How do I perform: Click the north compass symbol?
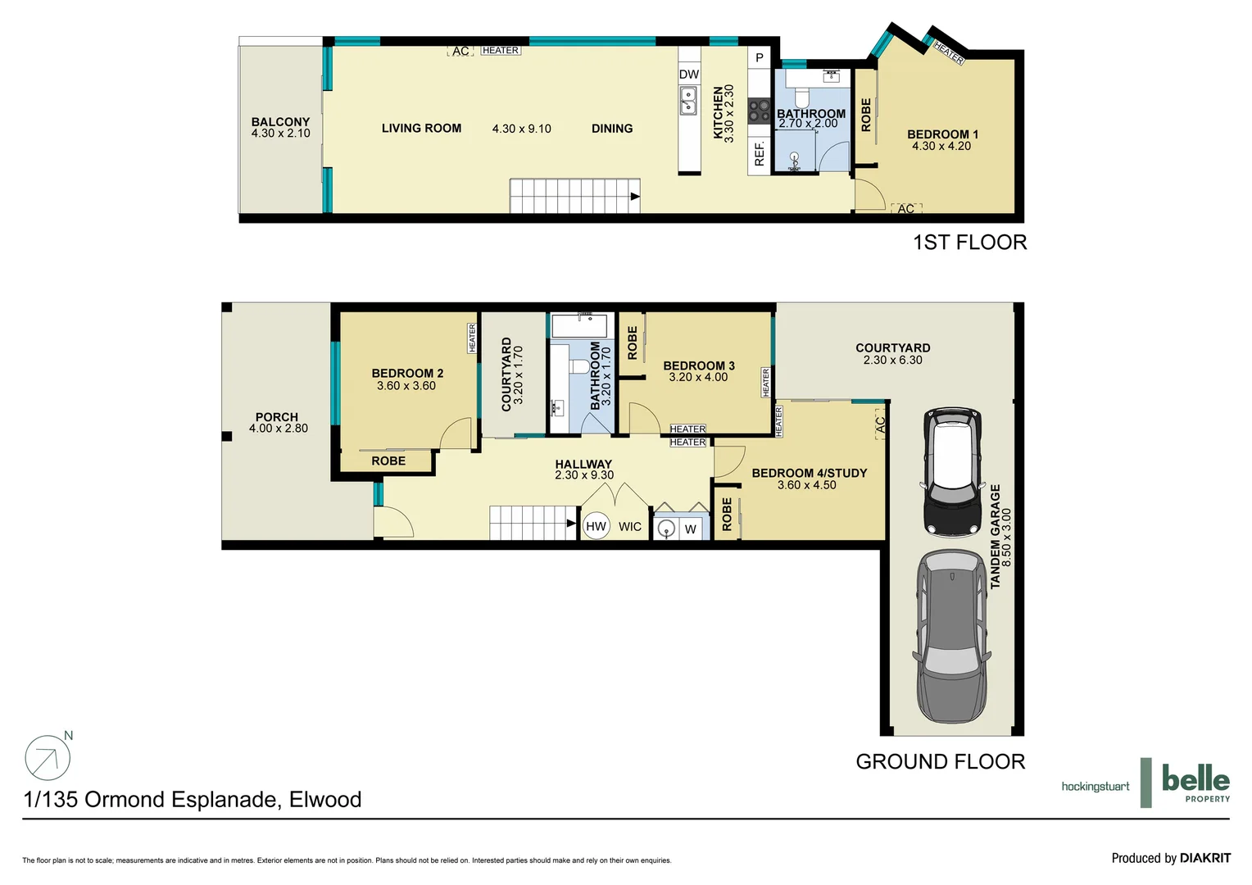48,757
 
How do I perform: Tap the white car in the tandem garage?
952,471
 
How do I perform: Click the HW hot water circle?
596,527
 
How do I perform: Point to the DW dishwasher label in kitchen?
689,75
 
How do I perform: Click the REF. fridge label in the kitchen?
760,154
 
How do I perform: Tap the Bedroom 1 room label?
942,134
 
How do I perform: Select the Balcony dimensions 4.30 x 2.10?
280,134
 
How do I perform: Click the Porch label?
277,417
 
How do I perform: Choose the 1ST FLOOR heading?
969,243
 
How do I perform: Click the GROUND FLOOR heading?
940,762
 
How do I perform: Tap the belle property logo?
1195,783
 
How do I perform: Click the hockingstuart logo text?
1095,787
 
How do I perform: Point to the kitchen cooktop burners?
760,111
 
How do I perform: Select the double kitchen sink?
688,102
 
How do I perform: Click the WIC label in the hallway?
630,527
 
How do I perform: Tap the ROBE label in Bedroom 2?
388,461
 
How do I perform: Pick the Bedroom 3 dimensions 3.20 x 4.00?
698,378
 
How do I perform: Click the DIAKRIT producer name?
1204,858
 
